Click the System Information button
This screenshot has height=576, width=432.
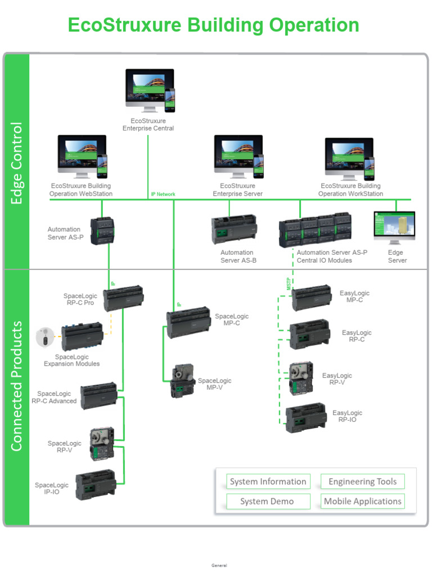[268, 481]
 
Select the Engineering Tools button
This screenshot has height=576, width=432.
[363, 481]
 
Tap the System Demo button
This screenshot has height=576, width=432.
[268, 501]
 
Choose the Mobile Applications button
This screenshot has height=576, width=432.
[363, 501]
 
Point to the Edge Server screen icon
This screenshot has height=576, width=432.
[394, 227]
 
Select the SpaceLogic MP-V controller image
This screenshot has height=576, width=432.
[182, 382]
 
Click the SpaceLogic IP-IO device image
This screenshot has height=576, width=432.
[96, 485]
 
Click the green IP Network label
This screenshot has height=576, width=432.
[163, 195]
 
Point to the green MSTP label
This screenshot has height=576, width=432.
[289, 283]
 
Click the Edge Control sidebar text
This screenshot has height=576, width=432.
[17, 163]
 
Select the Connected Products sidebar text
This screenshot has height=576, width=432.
[17, 385]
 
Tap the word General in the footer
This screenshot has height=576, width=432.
[219, 565]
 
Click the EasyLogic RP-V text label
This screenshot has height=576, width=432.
[337, 379]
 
